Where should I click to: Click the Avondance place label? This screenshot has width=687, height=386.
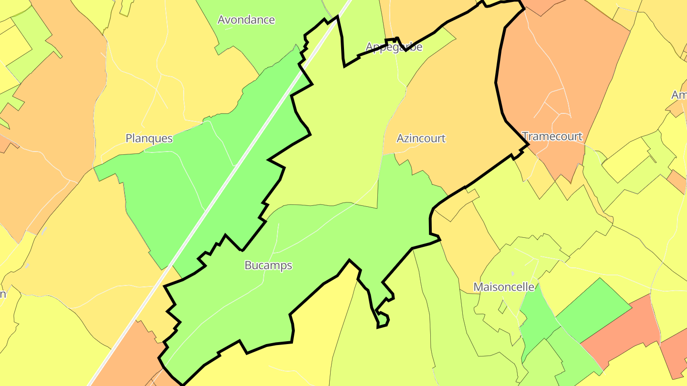click(x=246, y=20)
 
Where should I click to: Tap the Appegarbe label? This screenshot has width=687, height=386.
click(x=394, y=47)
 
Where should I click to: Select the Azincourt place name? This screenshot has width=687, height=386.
click(x=421, y=138)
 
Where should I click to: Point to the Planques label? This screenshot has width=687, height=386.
click(x=149, y=138)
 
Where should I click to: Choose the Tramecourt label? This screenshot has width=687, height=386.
click(x=552, y=136)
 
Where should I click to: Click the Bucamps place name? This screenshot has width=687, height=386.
click(x=268, y=265)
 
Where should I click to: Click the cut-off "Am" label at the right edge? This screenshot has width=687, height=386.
click(x=679, y=95)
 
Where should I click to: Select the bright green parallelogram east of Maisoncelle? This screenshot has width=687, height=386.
click(x=594, y=310)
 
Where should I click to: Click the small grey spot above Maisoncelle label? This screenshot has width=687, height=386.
click(x=512, y=274)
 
